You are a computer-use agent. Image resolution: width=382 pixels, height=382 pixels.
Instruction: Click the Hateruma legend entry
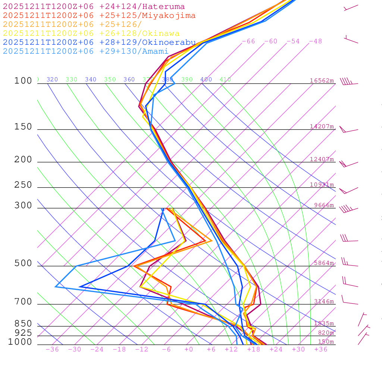pos(94,7)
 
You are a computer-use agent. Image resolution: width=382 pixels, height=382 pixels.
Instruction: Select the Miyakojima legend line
pos(99,16)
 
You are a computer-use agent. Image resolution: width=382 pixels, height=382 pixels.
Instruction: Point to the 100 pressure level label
pos(23,81)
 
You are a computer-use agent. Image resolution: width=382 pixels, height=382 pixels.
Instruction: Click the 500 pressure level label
pos(23,264)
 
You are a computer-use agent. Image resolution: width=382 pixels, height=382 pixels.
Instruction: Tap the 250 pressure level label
pos(23,185)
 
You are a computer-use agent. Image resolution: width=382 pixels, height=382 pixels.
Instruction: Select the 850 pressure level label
pos(23,324)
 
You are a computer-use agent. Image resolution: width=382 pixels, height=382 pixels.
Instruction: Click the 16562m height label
pos(322,81)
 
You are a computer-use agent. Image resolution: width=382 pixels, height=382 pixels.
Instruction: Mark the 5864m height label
pos(324,263)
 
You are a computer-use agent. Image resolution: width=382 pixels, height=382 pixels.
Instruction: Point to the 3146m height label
pos(324,301)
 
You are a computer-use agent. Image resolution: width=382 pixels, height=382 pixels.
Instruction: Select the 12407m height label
pos(322,159)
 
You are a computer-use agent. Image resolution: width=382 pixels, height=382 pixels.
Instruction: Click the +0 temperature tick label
pos(189,349)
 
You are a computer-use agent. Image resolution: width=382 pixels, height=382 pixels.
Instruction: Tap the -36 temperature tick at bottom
pos(52,349)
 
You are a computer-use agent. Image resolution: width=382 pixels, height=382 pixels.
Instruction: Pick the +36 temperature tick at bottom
pos(321,349)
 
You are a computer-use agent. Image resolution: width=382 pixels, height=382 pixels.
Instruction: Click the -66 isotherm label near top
pos(248,41)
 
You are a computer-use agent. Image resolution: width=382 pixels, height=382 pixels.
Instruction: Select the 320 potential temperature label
pos(52,79)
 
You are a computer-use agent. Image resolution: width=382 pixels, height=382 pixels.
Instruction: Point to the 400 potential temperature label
pos(206,79)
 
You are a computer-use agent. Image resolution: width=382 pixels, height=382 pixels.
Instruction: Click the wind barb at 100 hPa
pos(348,81)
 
